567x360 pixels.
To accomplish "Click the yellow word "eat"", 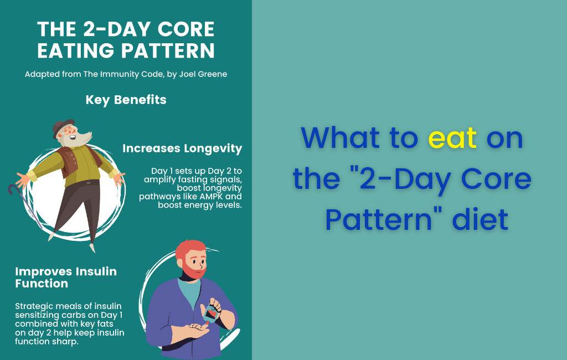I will pos(452,138).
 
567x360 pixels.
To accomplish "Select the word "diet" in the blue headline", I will pos(480,219).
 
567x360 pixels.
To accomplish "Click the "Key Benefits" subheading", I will pos(126,100).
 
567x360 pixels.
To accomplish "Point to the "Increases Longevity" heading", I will pos(182,148).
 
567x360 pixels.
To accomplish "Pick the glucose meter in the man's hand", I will pos(211,314).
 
